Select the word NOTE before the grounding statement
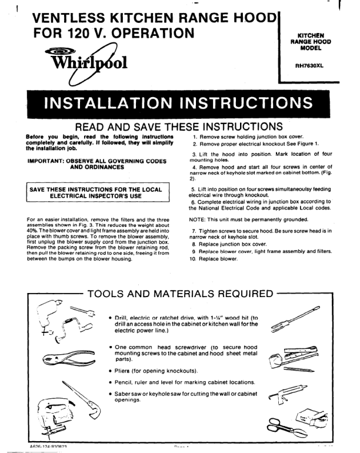point(198,218)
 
